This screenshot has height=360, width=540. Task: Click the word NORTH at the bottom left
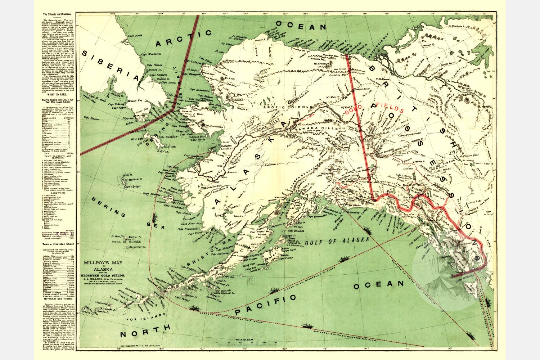click(x=145, y=330)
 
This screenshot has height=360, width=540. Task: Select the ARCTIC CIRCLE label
click(x=281, y=107)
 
